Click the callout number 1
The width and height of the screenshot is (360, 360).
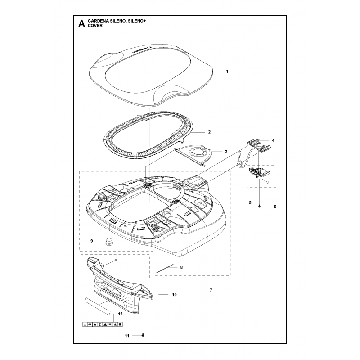click(227, 72)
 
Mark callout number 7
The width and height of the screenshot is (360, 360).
click(211, 290)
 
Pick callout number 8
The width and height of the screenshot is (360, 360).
click(181, 267)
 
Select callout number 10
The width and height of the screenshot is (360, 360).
click(174, 295)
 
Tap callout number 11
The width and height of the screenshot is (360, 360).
click(127, 335)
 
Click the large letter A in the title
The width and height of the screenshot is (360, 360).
click(81, 24)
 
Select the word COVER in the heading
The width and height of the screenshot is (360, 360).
click(96, 26)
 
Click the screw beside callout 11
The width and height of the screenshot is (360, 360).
click(143, 335)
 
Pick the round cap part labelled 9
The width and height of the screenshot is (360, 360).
click(108, 242)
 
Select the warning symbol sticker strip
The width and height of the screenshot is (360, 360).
click(103, 324)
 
